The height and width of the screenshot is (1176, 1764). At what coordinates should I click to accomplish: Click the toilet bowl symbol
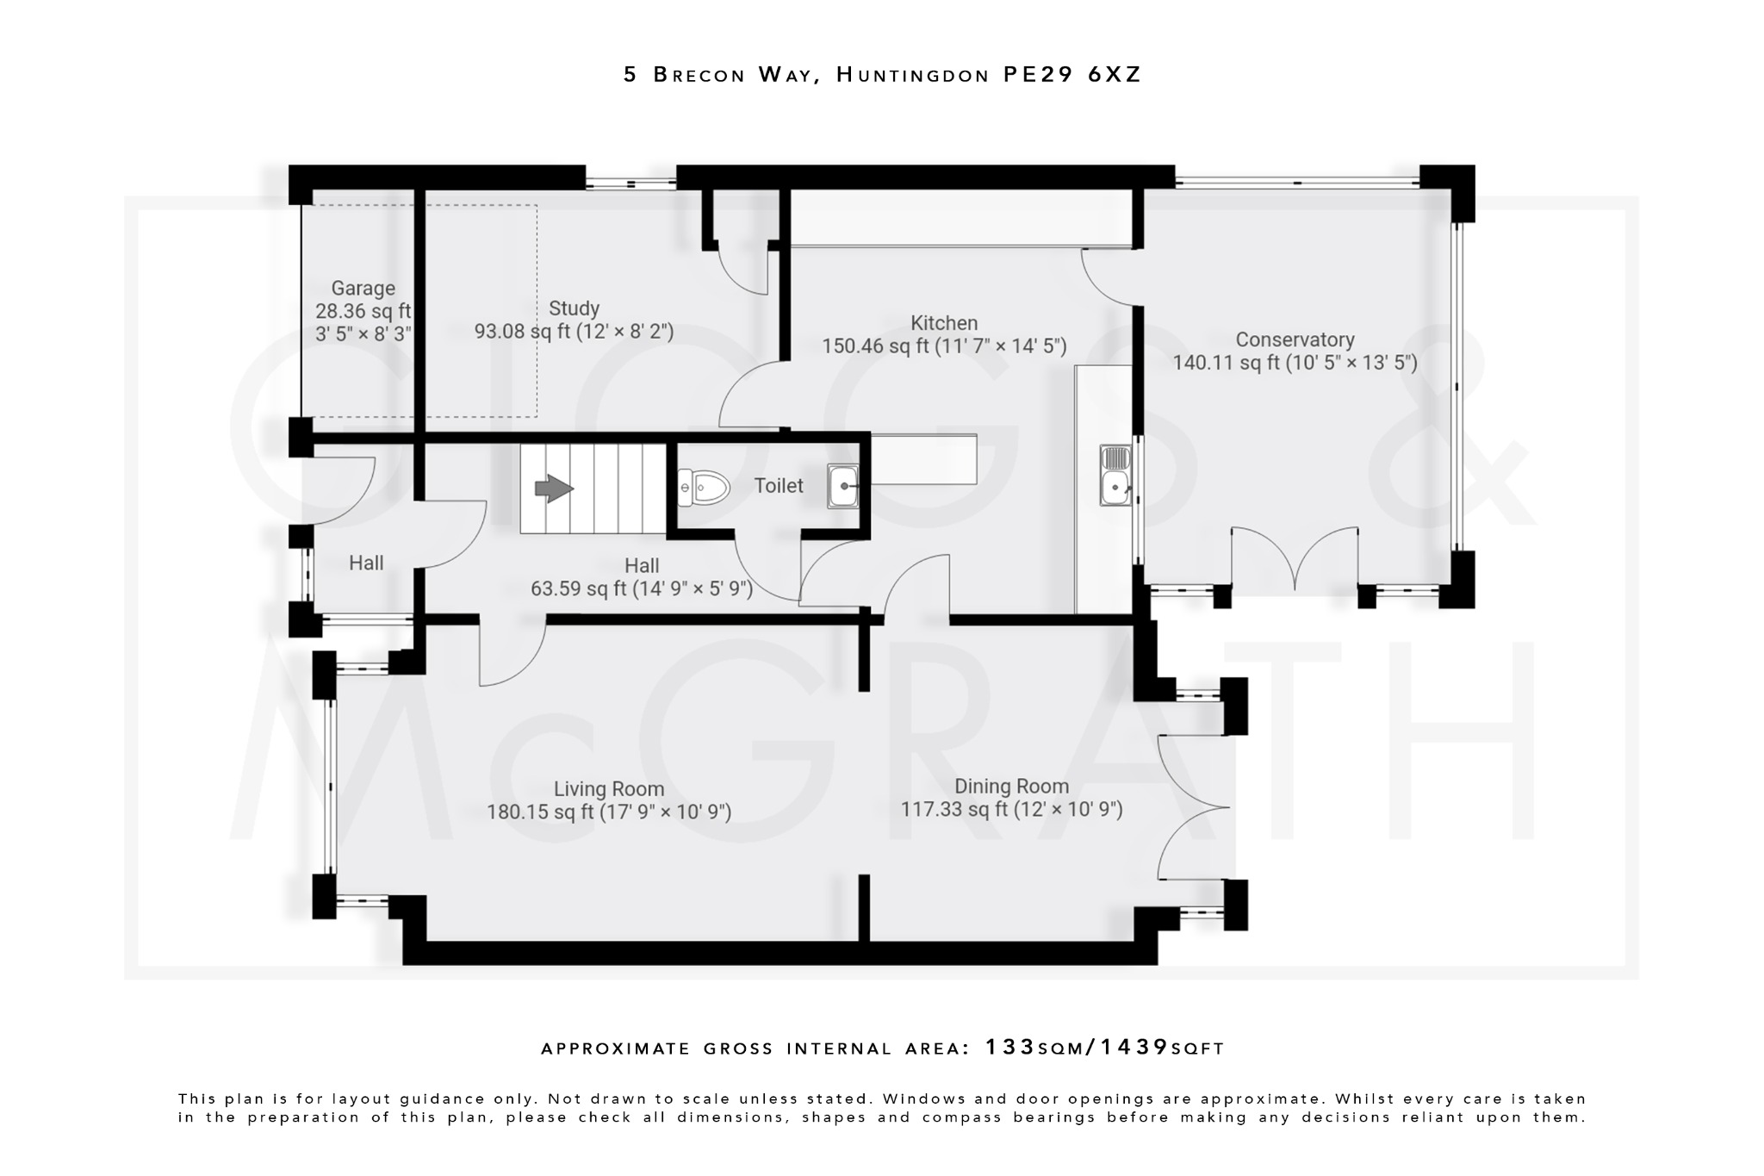[x=704, y=488]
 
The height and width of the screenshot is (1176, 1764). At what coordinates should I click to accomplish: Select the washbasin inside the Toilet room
[x=842, y=486]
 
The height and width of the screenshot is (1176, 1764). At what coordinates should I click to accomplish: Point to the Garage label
[x=363, y=289]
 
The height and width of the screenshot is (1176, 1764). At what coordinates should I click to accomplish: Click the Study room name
[x=574, y=308]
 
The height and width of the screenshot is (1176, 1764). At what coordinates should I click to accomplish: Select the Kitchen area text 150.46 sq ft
[x=875, y=346]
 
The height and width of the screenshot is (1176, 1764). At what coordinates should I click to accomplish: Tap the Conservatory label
[x=1295, y=339]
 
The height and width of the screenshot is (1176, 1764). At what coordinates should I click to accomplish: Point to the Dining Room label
[x=1011, y=786]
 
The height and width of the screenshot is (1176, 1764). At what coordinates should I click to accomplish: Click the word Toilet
[x=779, y=486]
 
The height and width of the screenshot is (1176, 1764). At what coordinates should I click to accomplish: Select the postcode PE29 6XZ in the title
[x=1072, y=75]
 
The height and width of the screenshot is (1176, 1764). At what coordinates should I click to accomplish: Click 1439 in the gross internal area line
[x=1134, y=1048]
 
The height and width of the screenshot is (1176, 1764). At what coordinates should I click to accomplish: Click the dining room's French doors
[x=1193, y=807]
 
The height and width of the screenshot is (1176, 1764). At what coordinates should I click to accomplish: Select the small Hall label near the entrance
[x=366, y=563]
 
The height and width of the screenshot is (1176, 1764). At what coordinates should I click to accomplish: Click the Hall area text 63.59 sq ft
[x=578, y=589]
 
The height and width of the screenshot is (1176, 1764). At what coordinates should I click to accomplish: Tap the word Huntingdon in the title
[x=913, y=75]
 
